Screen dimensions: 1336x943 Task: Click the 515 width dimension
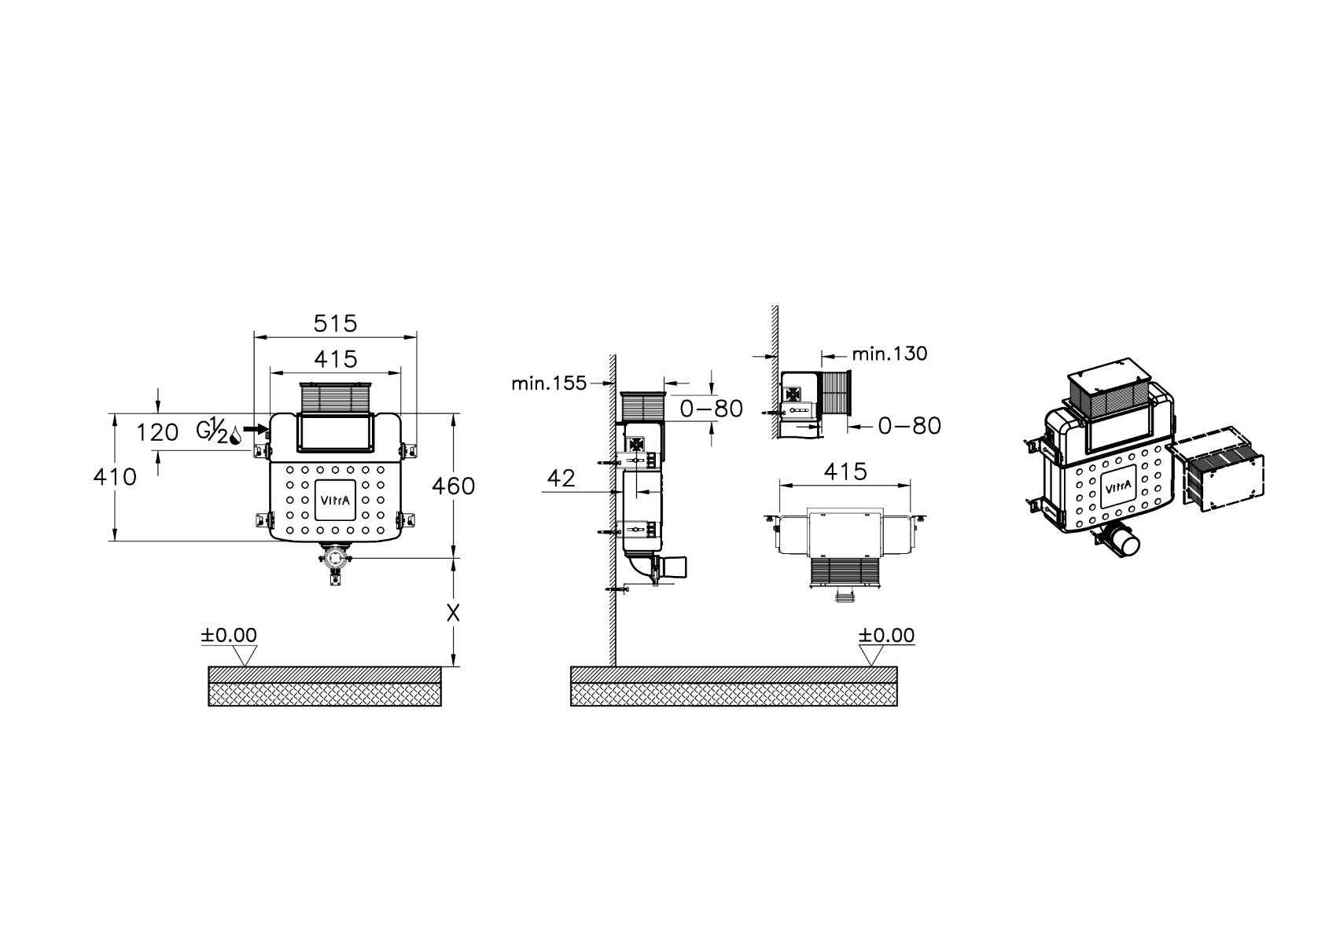pyautogui.click(x=335, y=324)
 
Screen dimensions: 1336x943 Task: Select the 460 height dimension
pyautogui.click(x=453, y=486)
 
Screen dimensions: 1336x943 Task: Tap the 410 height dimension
pyautogui.click(x=115, y=477)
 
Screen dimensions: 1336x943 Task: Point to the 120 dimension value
pyautogui.click(x=157, y=432)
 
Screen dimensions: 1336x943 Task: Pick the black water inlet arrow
pyautogui.click(x=256, y=428)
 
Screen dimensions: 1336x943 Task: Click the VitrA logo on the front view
pyautogui.click(x=335, y=500)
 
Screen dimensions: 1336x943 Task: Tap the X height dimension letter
pyautogui.click(x=453, y=613)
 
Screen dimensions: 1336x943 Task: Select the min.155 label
pyautogui.click(x=550, y=383)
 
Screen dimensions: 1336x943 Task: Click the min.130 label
pyautogui.click(x=889, y=354)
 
